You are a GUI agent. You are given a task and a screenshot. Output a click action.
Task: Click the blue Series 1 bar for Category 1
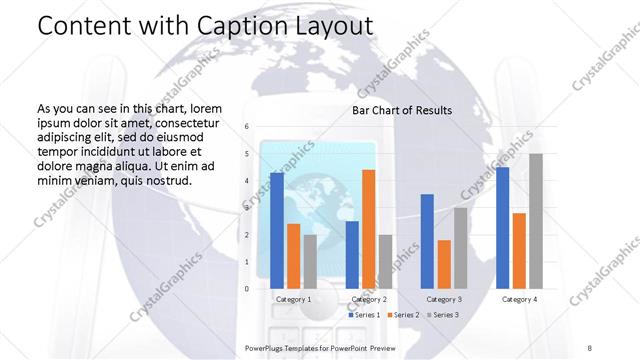(x=277, y=231)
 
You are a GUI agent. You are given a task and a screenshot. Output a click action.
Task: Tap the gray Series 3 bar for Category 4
(x=536, y=221)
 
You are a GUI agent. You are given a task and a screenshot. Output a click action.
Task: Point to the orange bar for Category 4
(x=519, y=250)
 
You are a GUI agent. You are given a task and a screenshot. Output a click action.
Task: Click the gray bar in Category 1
(x=311, y=261)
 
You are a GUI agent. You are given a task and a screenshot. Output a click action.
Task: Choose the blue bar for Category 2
(x=352, y=254)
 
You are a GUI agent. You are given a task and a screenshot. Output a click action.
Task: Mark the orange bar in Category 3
(x=444, y=264)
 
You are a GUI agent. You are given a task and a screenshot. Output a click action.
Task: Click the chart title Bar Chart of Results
(x=402, y=110)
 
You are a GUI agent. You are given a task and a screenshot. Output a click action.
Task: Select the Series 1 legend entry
(x=362, y=315)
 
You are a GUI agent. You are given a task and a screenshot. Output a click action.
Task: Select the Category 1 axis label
(x=294, y=299)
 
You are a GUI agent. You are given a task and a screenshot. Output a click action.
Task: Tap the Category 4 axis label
(x=519, y=299)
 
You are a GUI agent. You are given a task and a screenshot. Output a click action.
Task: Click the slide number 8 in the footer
(x=589, y=345)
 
